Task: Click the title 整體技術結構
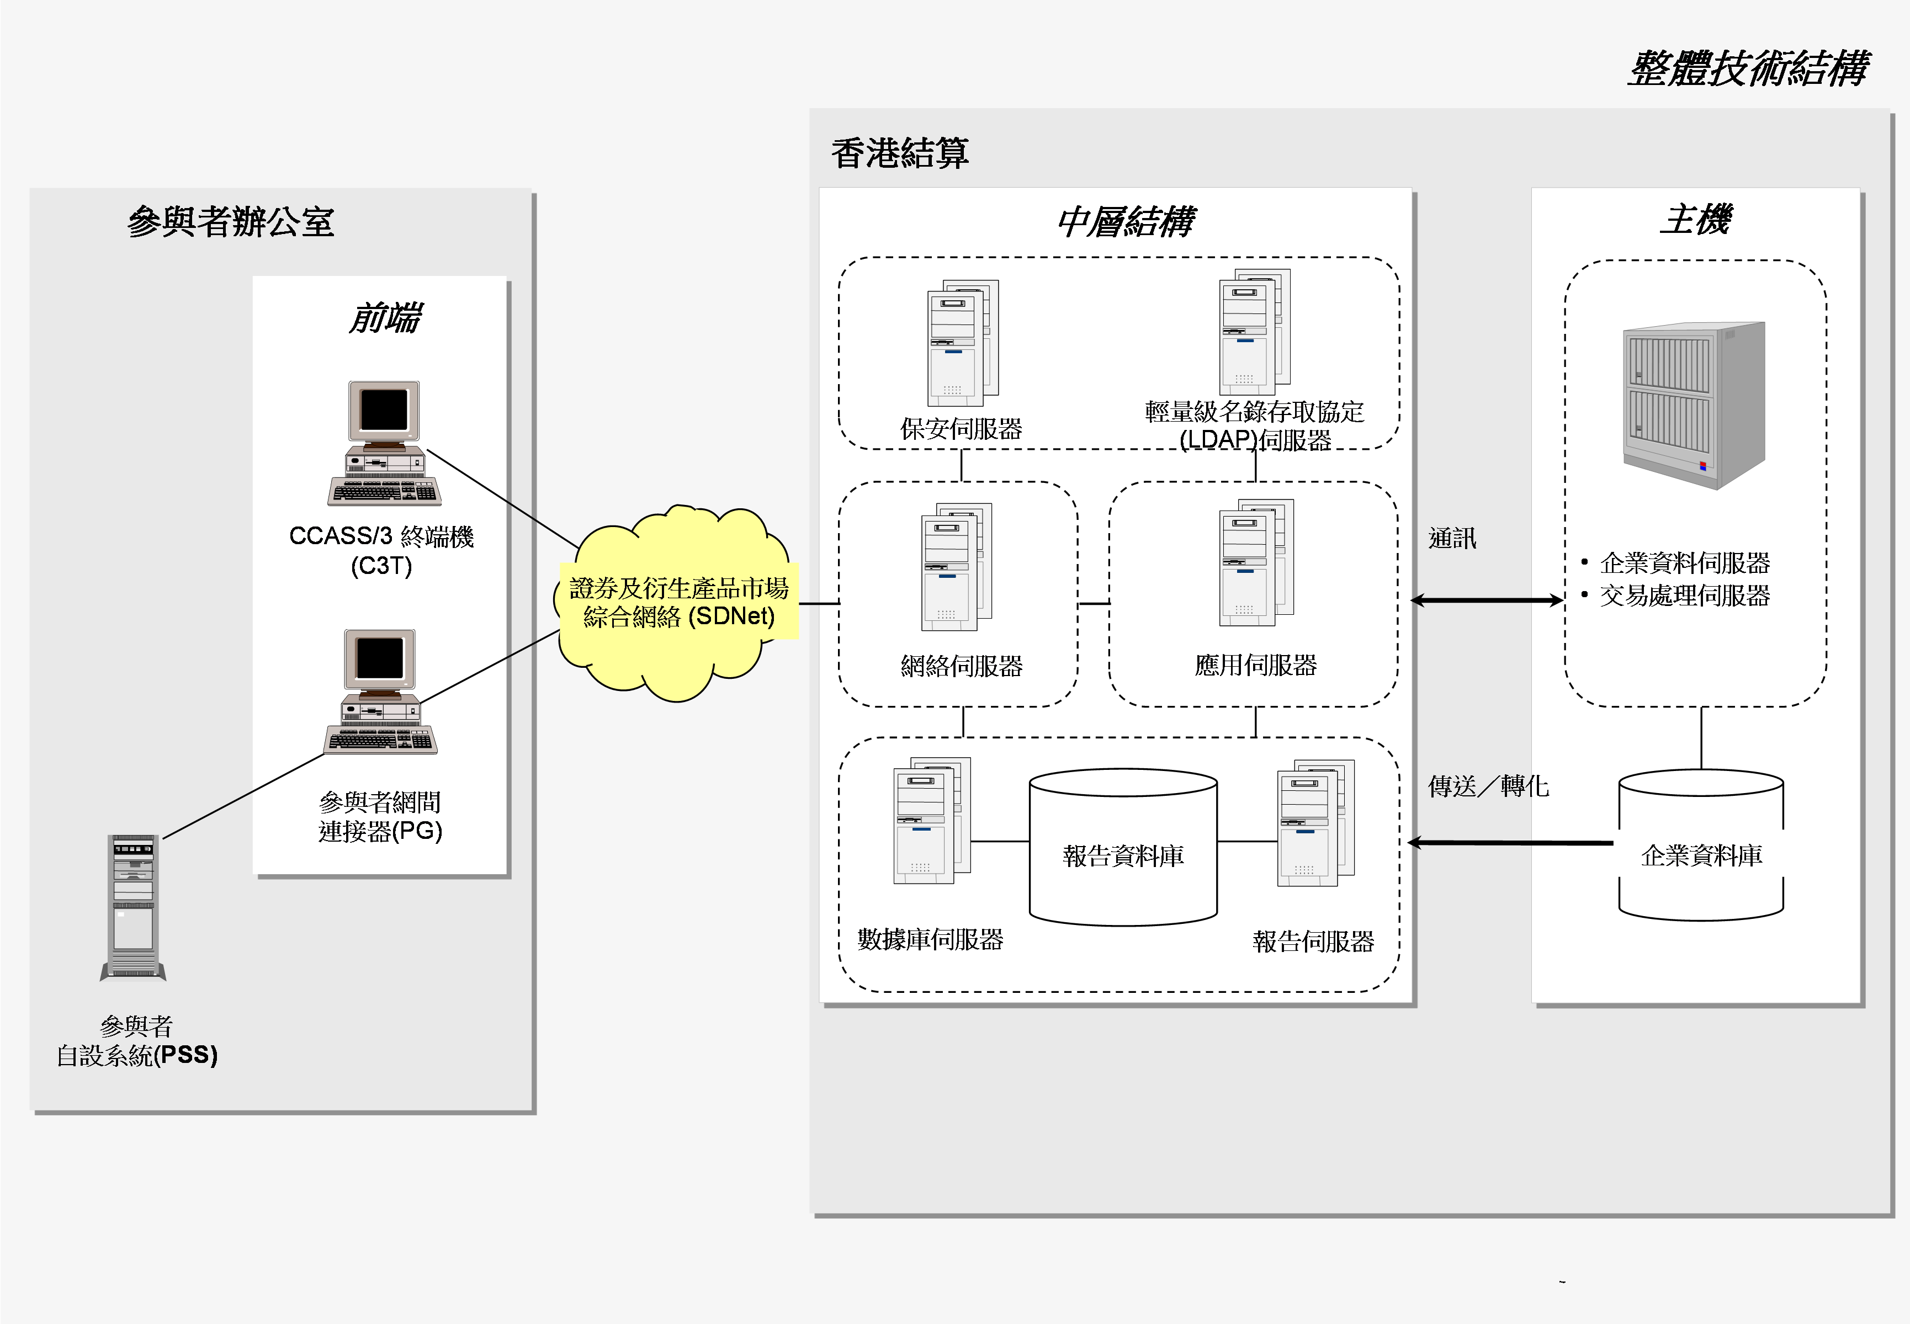tap(1747, 68)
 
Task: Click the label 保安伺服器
tap(961, 429)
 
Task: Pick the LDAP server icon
tap(1254, 332)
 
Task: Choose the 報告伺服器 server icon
tap(1315, 823)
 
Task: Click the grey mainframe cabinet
tap(1693, 405)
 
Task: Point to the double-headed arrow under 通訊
tap(1486, 600)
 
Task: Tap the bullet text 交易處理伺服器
tap(1684, 595)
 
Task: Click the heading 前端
tap(384, 318)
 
